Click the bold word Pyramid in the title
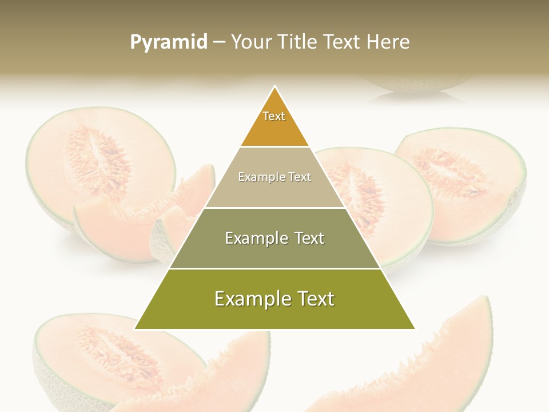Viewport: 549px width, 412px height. click(x=168, y=42)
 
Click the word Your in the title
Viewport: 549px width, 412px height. click(x=250, y=42)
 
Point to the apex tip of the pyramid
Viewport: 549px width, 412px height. click(x=274, y=87)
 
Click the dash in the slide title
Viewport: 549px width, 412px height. click(x=219, y=42)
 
